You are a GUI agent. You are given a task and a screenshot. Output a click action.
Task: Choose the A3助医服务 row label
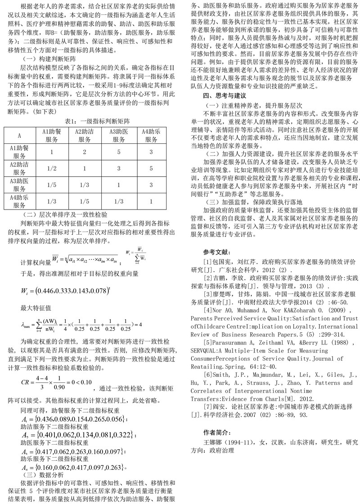point(19,184)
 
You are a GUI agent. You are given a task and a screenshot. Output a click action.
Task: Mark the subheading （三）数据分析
point(42,474)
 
